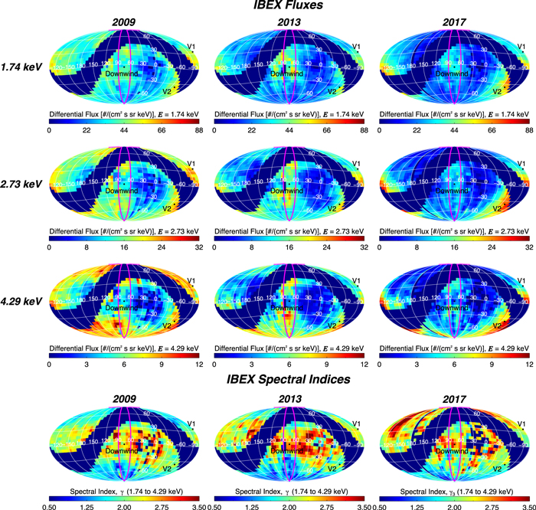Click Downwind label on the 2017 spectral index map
[x=453, y=453]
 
